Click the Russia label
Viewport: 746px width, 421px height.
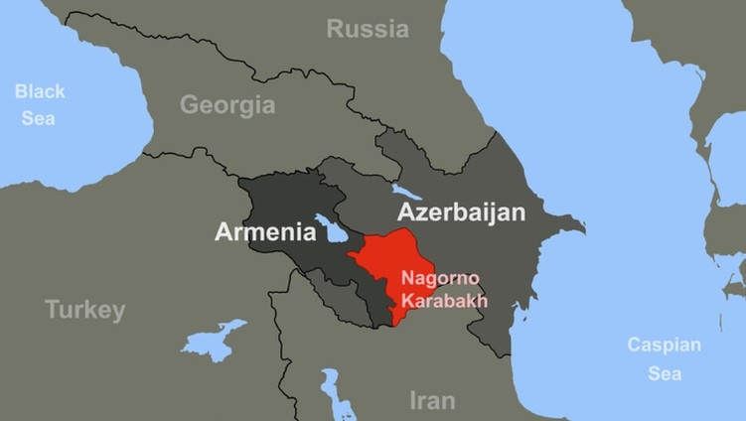[368, 29]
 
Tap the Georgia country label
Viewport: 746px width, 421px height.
[227, 104]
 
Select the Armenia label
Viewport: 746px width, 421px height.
[265, 232]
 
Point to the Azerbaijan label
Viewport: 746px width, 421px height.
[461, 211]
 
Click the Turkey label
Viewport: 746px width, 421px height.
[85, 310]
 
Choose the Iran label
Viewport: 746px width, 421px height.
[432, 400]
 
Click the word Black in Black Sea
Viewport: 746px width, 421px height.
[40, 91]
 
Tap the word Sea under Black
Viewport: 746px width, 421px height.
[40, 118]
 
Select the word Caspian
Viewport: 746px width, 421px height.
[664, 346]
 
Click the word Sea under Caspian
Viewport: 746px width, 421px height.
[665, 373]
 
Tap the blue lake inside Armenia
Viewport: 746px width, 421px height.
[330, 231]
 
